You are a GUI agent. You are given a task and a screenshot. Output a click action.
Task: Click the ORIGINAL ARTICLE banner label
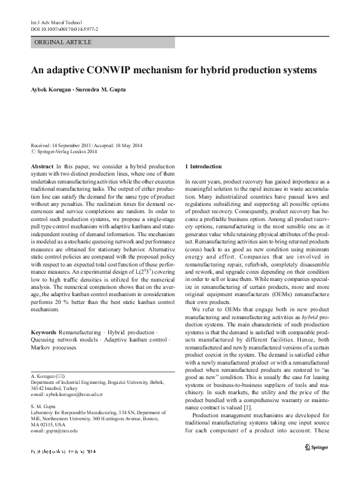coord(64,42)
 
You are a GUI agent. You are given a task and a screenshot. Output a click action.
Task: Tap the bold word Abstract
coord(41,166)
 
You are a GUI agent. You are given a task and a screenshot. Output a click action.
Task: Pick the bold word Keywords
coord(44,334)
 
